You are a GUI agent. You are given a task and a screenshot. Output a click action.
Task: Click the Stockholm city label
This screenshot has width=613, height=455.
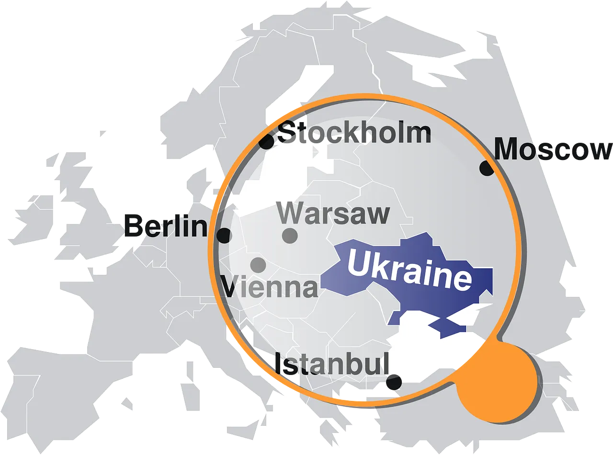(355, 133)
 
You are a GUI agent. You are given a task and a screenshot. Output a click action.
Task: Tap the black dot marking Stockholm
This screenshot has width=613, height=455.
(266, 141)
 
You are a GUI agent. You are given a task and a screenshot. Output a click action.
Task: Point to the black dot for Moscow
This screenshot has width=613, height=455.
(487, 168)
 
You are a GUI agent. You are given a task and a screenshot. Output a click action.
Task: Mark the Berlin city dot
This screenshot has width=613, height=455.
(224, 236)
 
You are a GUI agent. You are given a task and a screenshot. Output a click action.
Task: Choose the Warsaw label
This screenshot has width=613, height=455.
(333, 214)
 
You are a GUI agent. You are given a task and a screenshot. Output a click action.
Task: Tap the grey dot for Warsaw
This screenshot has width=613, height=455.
(290, 236)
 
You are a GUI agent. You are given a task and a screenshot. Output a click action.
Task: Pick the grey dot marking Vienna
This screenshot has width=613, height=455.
(258, 264)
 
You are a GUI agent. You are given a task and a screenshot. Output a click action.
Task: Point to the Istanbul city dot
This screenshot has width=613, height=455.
(394, 382)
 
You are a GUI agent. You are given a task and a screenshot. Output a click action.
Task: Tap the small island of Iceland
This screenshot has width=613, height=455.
(103, 133)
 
